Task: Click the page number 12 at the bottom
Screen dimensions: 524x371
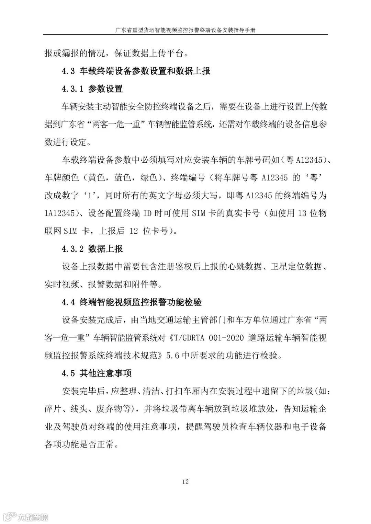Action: tap(185, 482)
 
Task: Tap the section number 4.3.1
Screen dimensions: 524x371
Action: tap(72, 89)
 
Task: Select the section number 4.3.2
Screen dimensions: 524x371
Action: tap(72, 249)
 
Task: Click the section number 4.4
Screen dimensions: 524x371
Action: tap(68, 302)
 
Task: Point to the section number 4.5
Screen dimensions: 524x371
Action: tap(68, 373)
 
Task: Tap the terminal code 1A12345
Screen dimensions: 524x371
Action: tap(59, 213)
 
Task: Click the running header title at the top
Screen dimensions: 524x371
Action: tap(185, 30)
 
